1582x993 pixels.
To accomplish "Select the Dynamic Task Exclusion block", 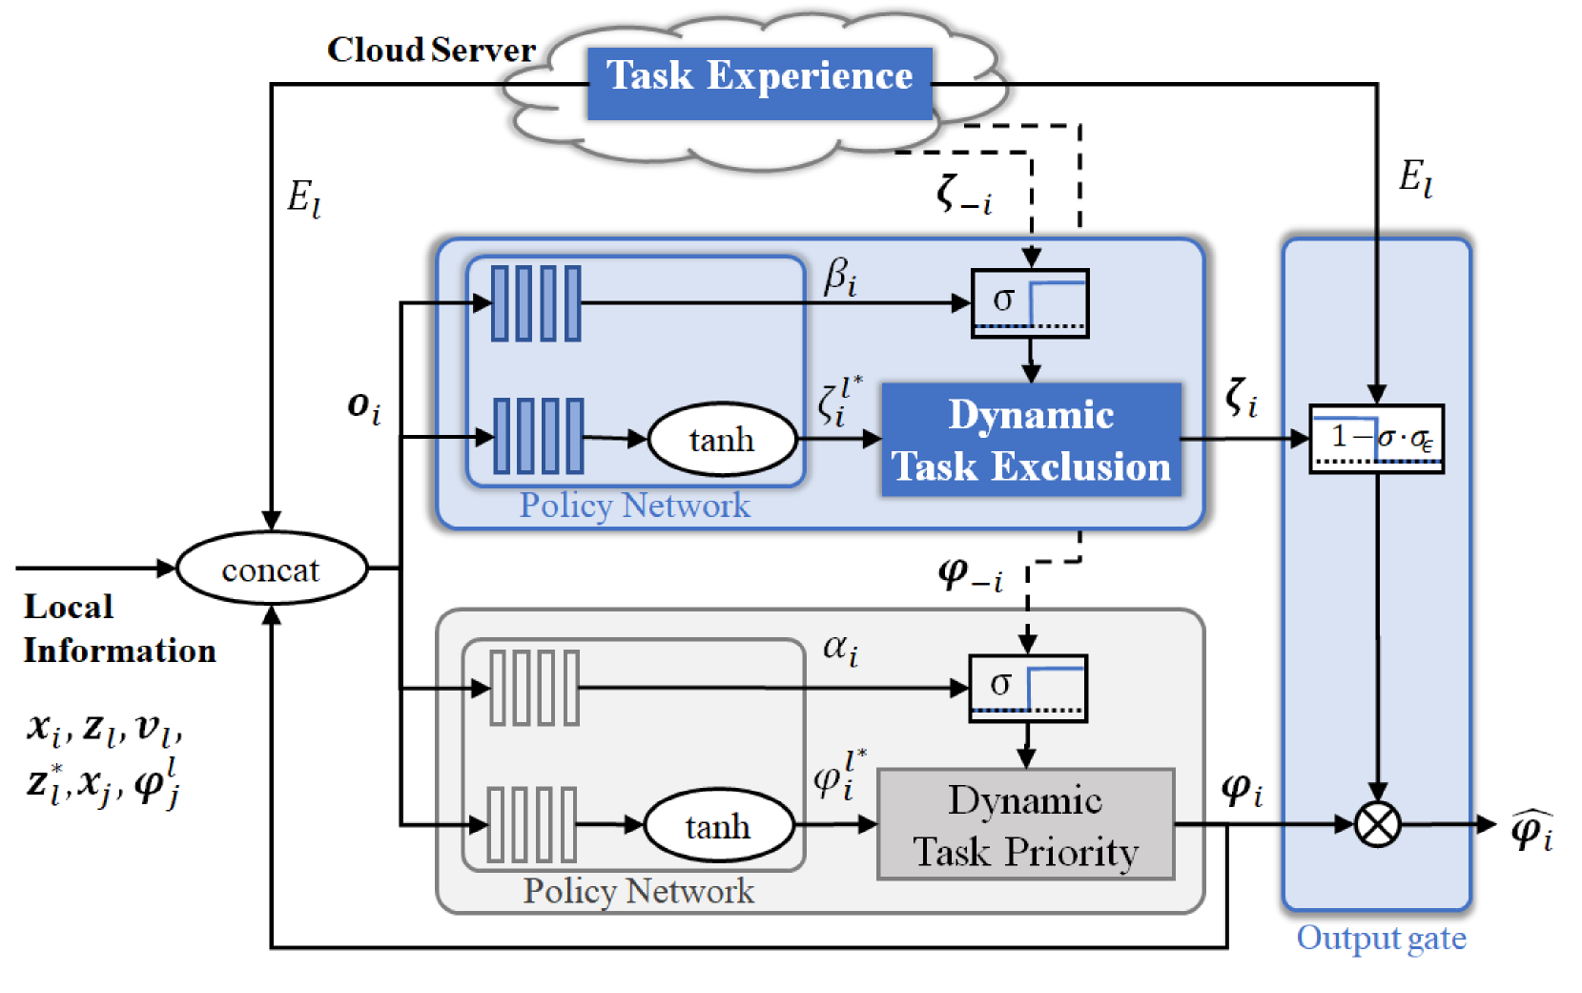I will click(1031, 440).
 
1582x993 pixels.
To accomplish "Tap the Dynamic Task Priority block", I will click(1025, 824).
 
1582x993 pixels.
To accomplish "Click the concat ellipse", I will click(272, 569).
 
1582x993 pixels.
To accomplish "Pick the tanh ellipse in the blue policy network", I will click(722, 440).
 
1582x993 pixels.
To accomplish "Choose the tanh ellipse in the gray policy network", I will click(719, 825).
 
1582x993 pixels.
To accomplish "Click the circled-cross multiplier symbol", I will click(1377, 824).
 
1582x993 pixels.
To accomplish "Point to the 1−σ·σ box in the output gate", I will click(1376, 439).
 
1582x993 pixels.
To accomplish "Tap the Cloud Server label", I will click(431, 50).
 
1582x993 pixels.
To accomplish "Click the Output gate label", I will click(1381, 938).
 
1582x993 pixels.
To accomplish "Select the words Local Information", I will click(119, 629).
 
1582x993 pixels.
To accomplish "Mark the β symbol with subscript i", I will click(840, 278).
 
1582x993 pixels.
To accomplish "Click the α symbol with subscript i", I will click(840, 650).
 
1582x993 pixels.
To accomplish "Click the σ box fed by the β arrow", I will click(1030, 303).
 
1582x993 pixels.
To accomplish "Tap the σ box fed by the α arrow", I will click(1027, 688).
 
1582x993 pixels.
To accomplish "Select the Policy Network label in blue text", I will click(634, 506).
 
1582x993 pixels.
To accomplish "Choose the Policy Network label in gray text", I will click(638, 891).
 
